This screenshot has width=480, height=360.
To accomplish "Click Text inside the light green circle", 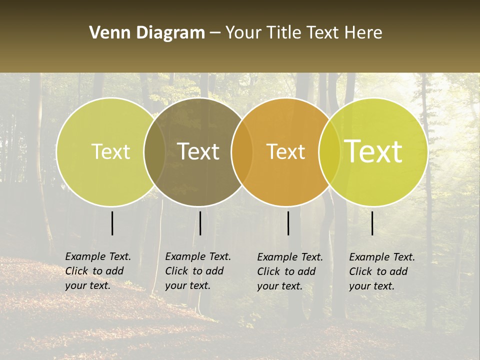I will pyautogui.click(x=110, y=151).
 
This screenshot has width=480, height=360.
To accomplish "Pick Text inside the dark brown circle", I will pyautogui.click(x=198, y=151).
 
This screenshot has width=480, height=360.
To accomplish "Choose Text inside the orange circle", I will pyautogui.click(x=286, y=151).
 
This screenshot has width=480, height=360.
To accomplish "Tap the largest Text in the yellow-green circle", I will pyautogui.click(x=373, y=151).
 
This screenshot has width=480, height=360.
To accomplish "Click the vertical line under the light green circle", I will pyautogui.click(x=112, y=223).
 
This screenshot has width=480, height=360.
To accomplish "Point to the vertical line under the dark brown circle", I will pyautogui.click(x=200, y=223).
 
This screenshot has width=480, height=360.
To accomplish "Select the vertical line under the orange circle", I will pyautogui.click(x=288, y=223).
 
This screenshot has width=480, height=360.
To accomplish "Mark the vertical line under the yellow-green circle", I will pyautogui.click(x=372, y=223).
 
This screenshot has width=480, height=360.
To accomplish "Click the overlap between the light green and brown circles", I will pyautogui.click(x=154, y=151).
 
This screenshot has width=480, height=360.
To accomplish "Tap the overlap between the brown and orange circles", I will pyautogui.click(x=242, y=151).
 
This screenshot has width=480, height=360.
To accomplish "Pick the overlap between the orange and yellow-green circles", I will pyautogui.click(x=329, y=151).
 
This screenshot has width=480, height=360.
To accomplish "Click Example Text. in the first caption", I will pyautogui.click(x=98, y=256).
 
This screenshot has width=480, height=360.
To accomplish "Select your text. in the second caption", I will pyautogui.click(x=187, y=285).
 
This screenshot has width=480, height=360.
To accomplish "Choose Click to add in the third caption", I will pyautogui.click(x=286, y=271).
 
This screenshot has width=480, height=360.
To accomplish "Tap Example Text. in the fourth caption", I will pyautogui.click(x=382, y=257).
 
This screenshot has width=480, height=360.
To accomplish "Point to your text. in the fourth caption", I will pyautogui.click(x=371, y=286).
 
